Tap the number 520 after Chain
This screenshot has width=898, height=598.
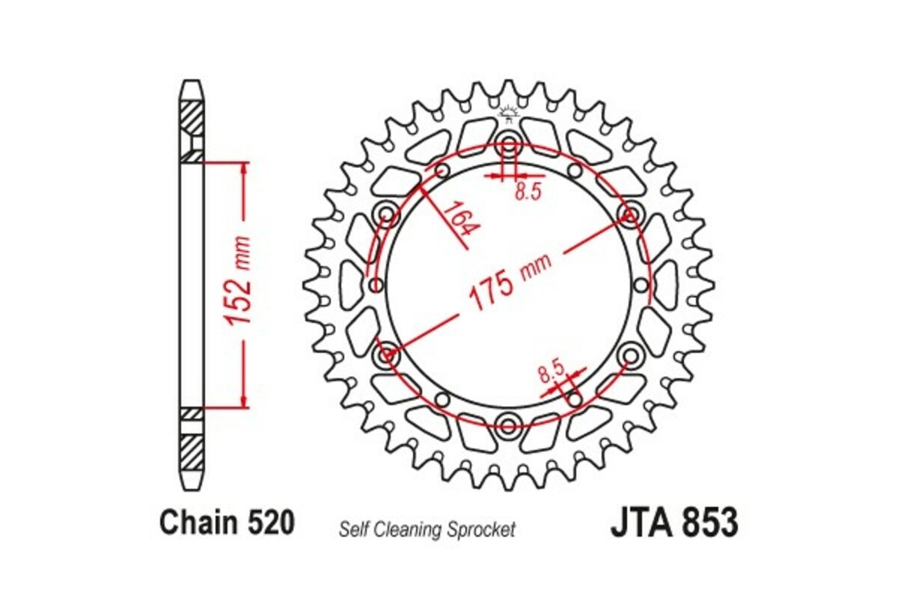pos(268,523)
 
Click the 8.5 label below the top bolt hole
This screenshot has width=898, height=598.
pos(528,192)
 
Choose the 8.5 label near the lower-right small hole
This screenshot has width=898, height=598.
pos(551,370)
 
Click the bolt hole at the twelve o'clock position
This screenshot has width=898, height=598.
pos(509,145)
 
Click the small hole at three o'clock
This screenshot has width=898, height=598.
pos(640,285)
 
